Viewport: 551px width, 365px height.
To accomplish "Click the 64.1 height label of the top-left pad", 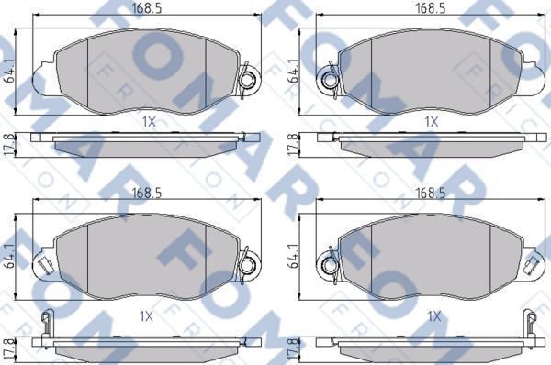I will pyautogui.click(x=9, y=71).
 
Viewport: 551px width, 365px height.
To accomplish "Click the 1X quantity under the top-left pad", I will pyautogui.click(x=148, y=121).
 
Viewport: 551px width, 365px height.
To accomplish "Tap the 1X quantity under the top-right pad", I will pyautogui.click(x=431, y=121).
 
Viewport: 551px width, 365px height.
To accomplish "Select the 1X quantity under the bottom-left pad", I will pyautogui.click(x=147, y=315).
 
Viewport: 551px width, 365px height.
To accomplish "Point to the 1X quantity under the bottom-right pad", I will pyautogui.click(x=434, y=315).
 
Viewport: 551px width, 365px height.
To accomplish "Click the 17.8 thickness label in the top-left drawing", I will pyautogui.click(x=9, y=144).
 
